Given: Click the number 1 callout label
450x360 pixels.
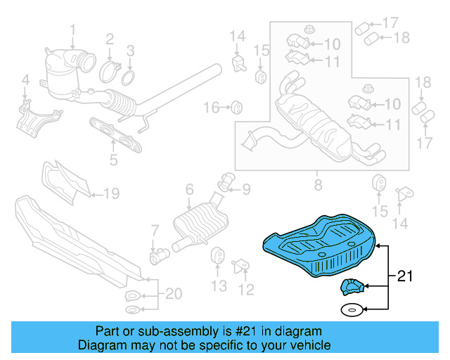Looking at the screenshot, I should [72, 29].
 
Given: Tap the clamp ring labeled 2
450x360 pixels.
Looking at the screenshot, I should [109, 70].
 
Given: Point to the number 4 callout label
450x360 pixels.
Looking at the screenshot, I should [25, 81].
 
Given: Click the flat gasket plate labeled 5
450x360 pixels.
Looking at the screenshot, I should [115, 134].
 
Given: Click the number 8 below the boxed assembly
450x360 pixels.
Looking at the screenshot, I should [318, 186].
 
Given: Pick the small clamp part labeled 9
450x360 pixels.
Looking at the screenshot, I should [227, 182].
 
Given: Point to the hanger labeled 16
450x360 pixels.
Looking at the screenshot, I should [237, 108].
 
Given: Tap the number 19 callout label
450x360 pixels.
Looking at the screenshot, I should [112, 192].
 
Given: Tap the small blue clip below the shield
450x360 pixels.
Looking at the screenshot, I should [350, 286].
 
